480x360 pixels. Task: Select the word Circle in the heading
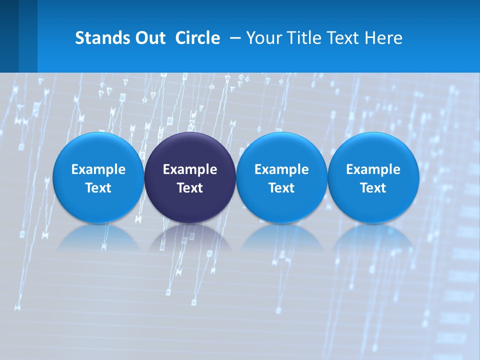[x=197, y=38]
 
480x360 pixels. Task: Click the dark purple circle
[x=190, y=150]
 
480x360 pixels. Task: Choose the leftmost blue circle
[x=98, y=150]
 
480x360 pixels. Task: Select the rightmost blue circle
[x=373, y=150]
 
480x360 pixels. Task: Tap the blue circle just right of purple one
[x=281, y=150]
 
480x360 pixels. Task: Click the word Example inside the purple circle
[x=190, y=169]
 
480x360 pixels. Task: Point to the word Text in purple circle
[x=190, y=188]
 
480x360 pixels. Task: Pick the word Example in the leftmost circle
[x=98, y=169]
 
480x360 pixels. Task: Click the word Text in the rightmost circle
[x=373, y=188]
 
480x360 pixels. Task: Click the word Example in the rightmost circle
[x=373, y=169]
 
